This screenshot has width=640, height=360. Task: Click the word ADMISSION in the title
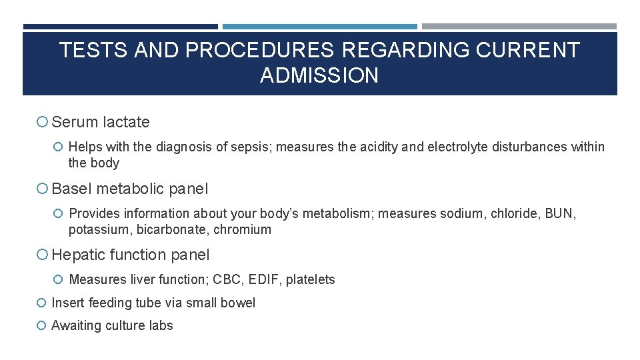319,75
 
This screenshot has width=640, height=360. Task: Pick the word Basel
72,189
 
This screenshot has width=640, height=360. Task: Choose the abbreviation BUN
559,213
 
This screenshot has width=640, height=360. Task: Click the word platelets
310,279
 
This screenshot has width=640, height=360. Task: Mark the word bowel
238,303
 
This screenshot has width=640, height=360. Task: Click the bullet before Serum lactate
42,122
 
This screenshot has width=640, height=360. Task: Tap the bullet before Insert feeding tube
42,303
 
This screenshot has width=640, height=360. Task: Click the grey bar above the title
519,27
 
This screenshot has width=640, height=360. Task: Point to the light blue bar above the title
319,27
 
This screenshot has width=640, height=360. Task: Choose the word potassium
98,229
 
